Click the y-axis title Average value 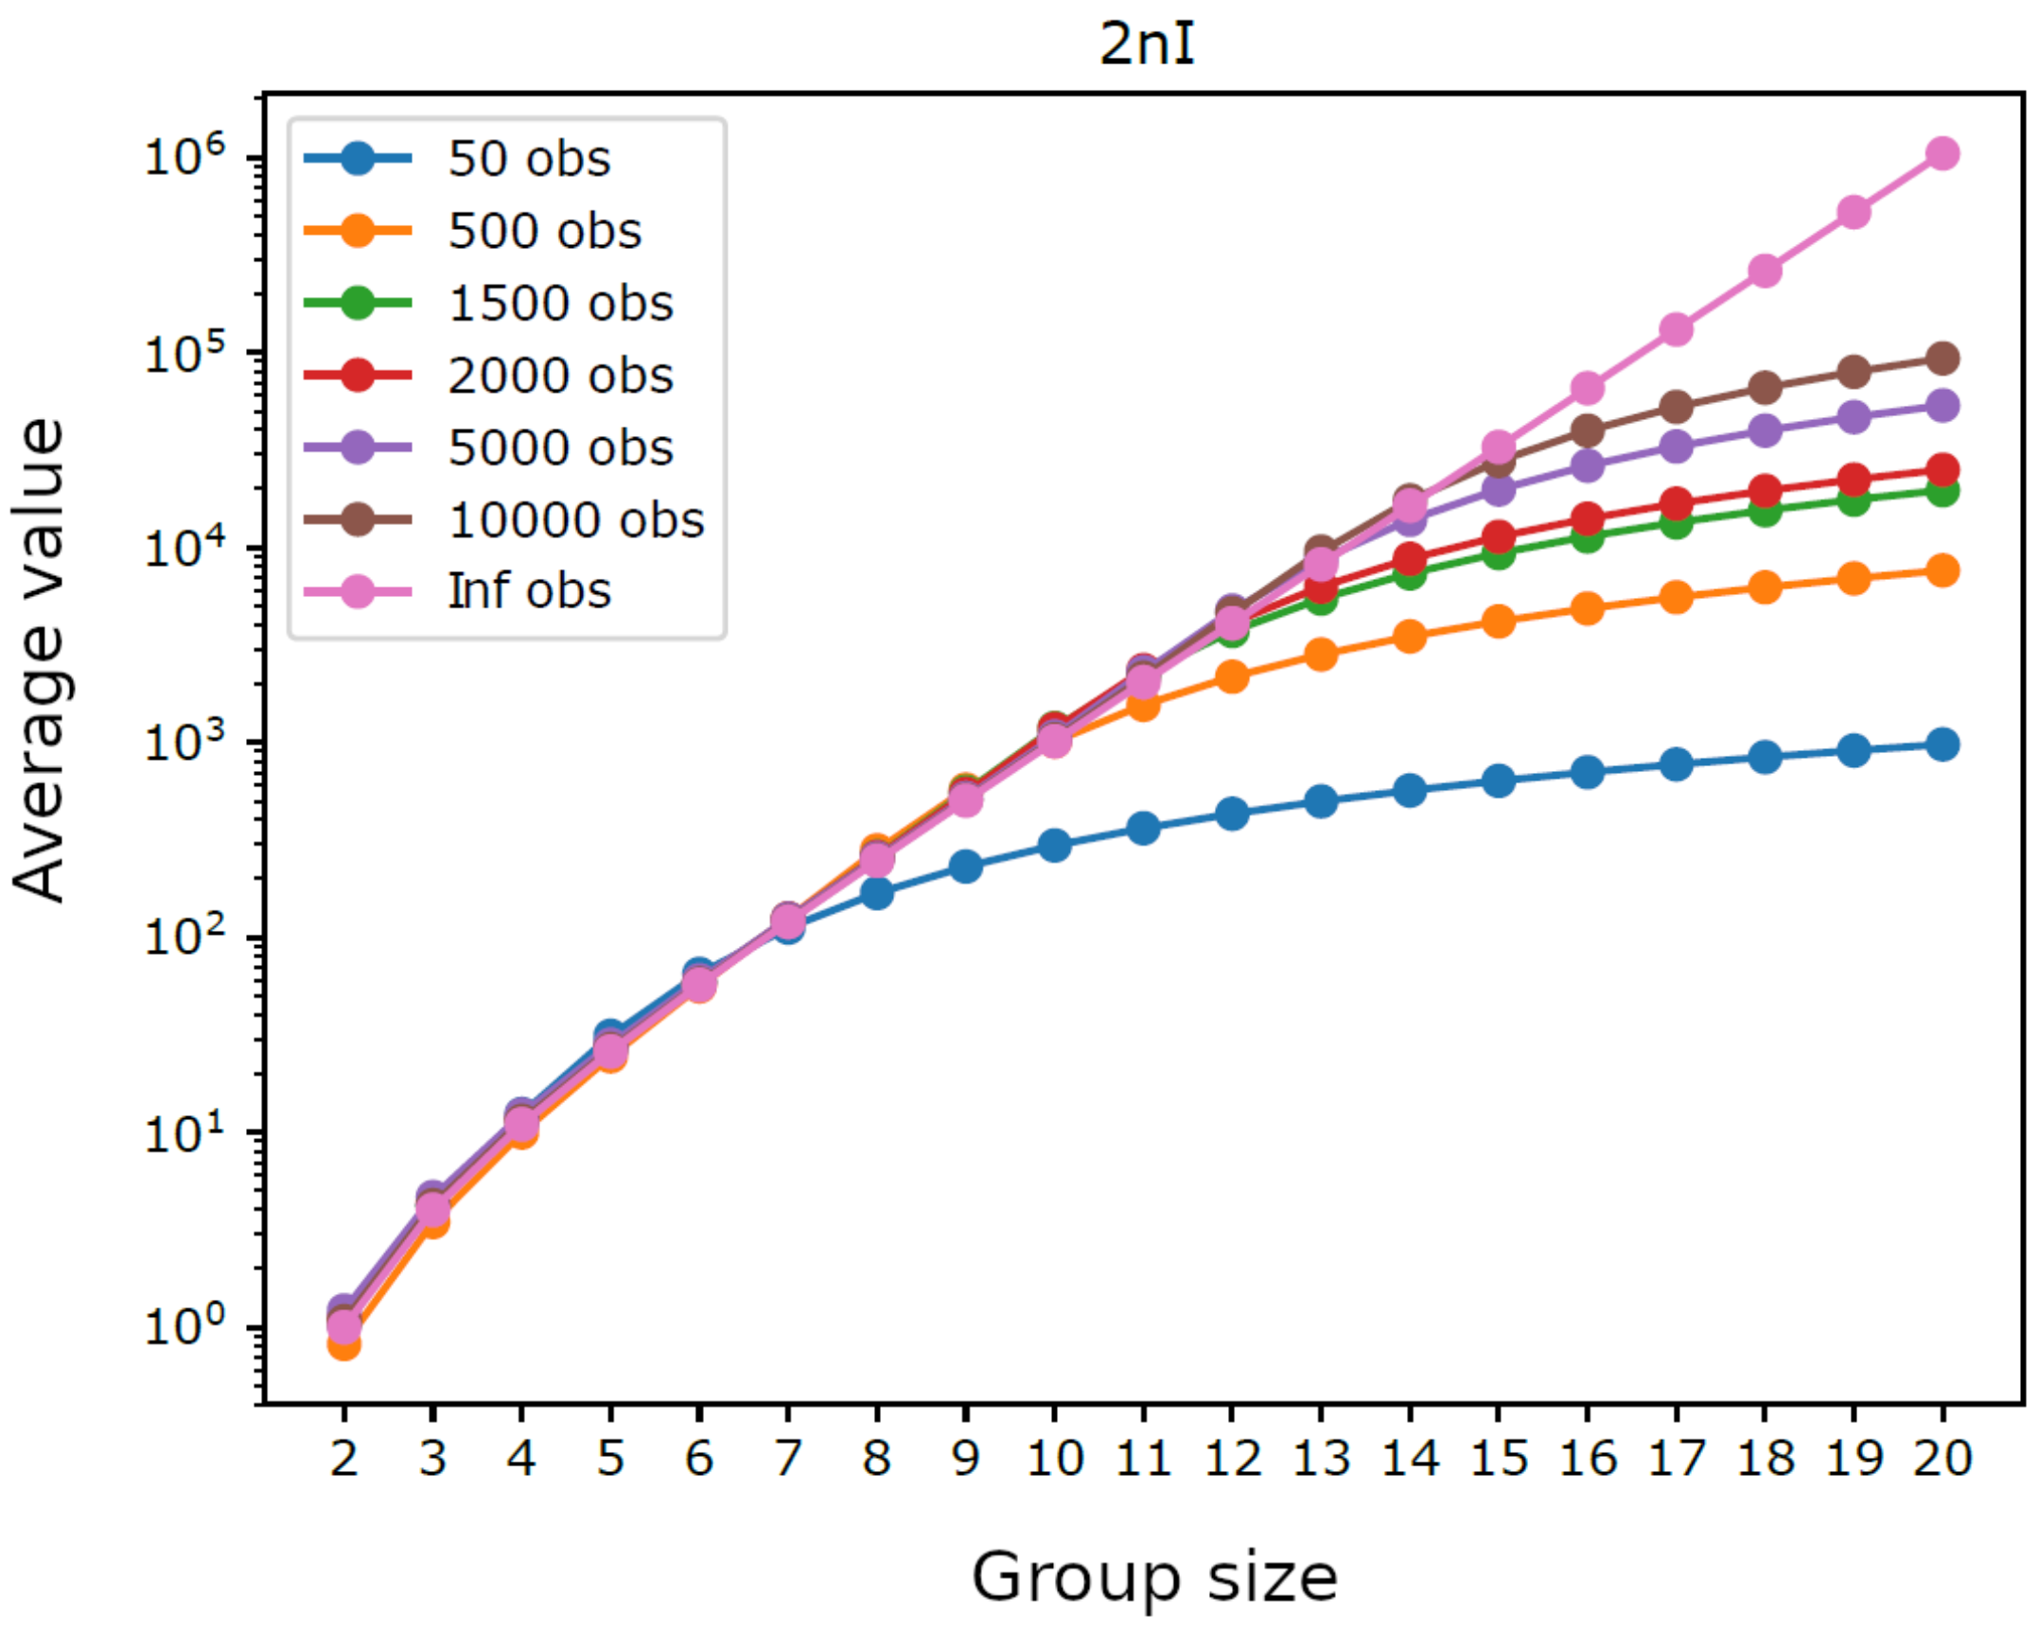pyautogui.click(x=40, y=660)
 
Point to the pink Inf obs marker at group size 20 pyautogui.click(x=1942, y=153)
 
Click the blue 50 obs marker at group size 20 pyautogui.click(x=1942, y=745)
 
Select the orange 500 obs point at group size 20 pyautogui.click(x=1942, y=570)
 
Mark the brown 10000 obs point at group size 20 pyautogui.click(x=1942, y=359)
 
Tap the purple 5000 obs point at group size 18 pyautogui.click(x=1765, y=431)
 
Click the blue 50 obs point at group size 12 pyautogui.click(x=1232, y=813)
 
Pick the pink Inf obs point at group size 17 pyautogui.click(x=1676, y=329)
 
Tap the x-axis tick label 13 pyautogui.click(x=1321, y=1458)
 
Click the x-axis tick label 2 pyautogui.click(x=344, y=1458)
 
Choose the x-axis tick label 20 pyautogui.click(x=1942, y=1458)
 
